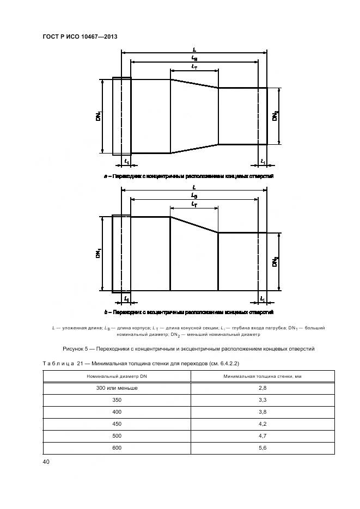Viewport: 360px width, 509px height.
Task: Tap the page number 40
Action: [46, 462]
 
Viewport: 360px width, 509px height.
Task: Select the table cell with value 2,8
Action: [264, 388]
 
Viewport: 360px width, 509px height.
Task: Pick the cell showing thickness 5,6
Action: [264, 447]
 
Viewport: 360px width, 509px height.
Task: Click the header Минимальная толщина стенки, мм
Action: [264, 376]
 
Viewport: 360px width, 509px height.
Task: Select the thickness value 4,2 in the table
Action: [264, 424]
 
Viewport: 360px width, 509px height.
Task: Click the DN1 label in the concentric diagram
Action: [99, 116]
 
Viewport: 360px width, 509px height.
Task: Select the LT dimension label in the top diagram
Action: [194, 66]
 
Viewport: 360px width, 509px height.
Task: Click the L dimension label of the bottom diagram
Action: [194, 187]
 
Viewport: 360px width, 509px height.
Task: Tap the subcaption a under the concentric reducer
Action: [188, 176]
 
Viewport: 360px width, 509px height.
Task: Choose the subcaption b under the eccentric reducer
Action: [188, 312]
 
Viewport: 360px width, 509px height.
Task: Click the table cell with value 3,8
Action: [264, 412]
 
